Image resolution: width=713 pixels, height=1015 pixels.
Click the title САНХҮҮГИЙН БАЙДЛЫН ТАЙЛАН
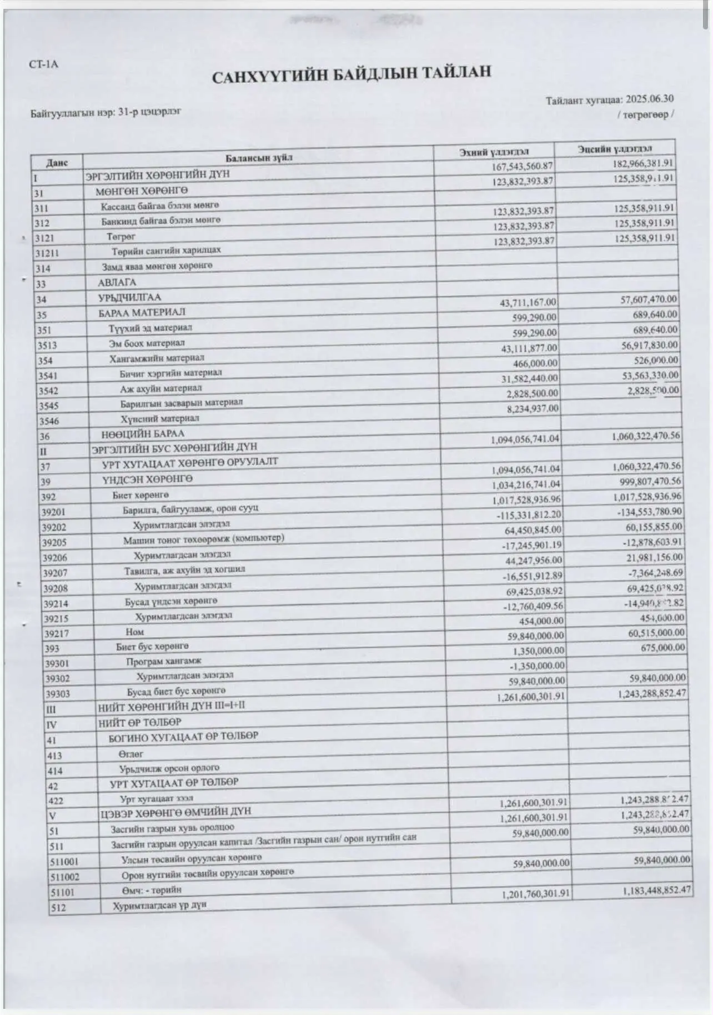tap(351, 74)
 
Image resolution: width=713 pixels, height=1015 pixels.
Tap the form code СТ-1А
tap(43, 64)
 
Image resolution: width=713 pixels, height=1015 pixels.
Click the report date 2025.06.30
tap(649, 99)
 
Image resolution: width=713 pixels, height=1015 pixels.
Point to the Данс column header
tap(57, 163)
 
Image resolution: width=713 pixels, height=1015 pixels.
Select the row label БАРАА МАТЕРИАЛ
tap(142, 313)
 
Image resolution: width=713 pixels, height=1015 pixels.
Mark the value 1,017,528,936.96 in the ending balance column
tap(650, 496)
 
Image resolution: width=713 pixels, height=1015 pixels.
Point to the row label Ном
tap(134, 632)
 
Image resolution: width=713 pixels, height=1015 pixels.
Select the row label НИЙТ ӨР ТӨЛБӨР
tap(139, 722)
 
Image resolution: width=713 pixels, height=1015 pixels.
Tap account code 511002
tap(64, 877)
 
